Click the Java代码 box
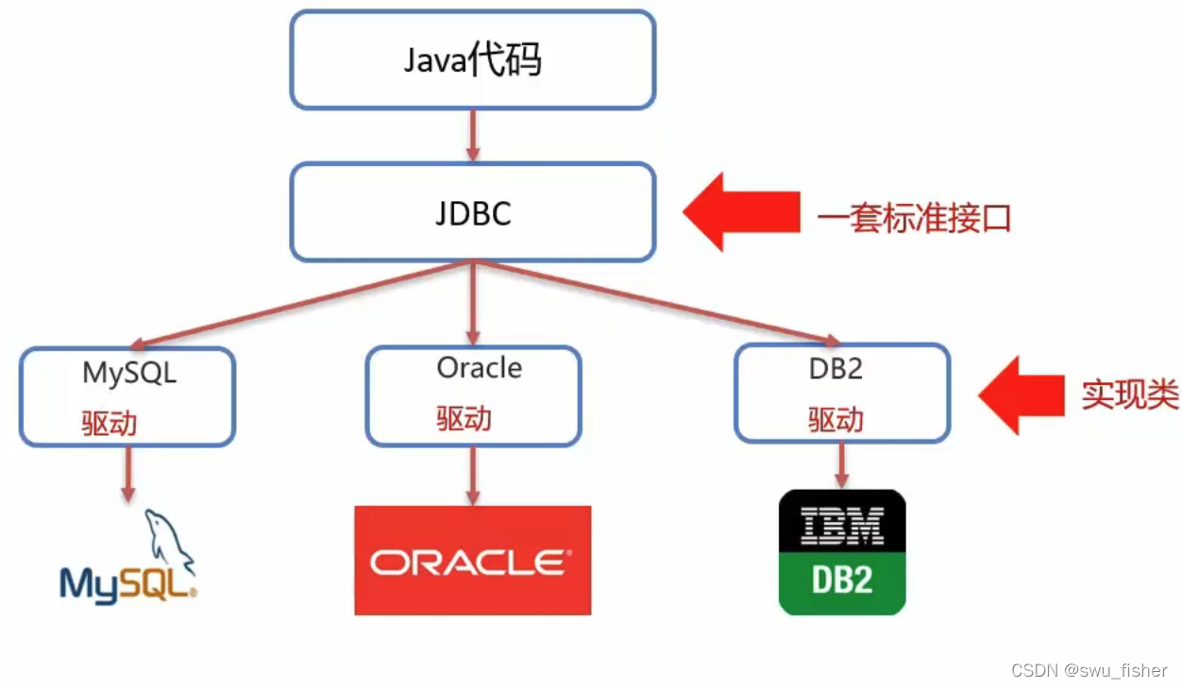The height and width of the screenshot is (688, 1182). click(472, 60)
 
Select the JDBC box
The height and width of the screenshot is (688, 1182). click(472, 212)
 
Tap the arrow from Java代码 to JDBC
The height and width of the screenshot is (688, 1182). click(473, 136)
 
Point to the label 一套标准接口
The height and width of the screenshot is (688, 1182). click(914, 218)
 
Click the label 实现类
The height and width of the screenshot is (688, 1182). click(1129, 395)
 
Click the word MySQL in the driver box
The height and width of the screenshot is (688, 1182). click(129, 372)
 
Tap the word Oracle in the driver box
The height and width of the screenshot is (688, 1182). click(479, 367)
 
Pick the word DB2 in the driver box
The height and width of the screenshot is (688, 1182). click(836, 368)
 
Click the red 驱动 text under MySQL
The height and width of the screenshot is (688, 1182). click(109, 423)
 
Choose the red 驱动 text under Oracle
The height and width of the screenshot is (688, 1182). click(464, 418)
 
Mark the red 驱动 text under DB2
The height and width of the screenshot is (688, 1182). click(836, 419)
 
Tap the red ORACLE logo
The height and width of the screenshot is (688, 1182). click(472, 562)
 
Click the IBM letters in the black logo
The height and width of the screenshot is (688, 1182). click(841, 525)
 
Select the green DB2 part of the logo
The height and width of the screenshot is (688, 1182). click(841, 580)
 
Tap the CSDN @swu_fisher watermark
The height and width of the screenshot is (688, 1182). click(1089, 670)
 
